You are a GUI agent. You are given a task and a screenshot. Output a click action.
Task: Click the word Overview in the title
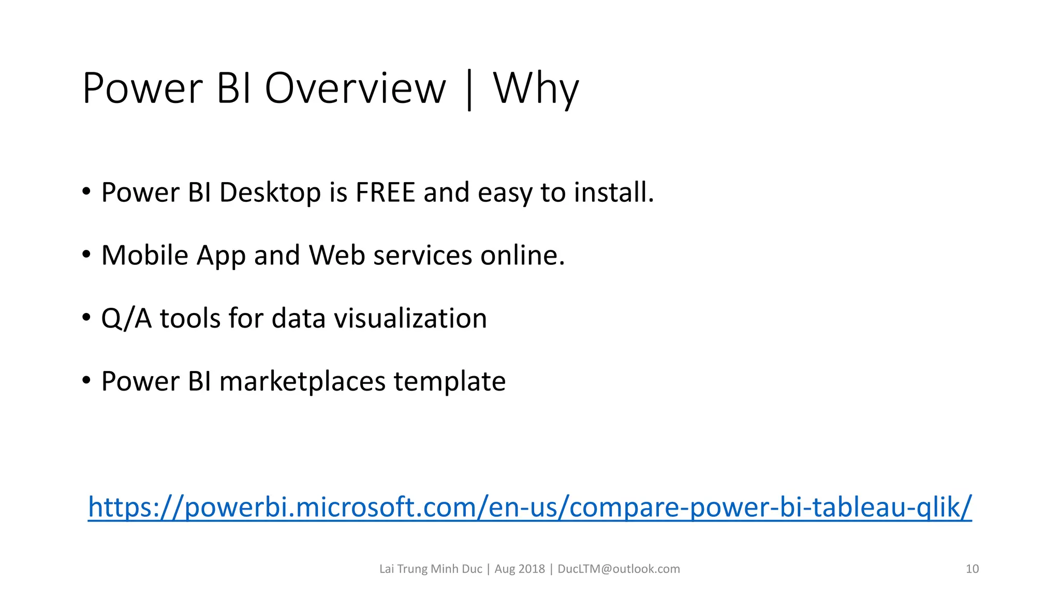(355, 88)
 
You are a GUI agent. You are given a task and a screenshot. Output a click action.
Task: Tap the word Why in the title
(536, 88)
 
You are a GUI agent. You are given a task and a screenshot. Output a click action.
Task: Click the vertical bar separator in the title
(469, 90)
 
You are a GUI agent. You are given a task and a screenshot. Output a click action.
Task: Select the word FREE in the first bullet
(385, 192)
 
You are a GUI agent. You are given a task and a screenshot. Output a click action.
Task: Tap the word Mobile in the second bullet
(145, 255)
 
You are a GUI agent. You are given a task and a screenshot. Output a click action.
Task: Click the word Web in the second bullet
(337, 255)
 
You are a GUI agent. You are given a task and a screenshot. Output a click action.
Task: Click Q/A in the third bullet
(126, 318)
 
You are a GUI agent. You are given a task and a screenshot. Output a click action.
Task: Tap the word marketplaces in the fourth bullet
(302, 381)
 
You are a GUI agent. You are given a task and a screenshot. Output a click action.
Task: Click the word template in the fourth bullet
(449, 381)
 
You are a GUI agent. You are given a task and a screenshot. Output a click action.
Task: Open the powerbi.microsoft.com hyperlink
(529, 507)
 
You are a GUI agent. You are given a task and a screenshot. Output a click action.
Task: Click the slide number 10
(972, 569)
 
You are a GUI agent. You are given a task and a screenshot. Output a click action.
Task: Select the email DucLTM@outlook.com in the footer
(619, 569)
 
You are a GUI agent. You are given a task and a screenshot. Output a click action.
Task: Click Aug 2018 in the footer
(520, 569)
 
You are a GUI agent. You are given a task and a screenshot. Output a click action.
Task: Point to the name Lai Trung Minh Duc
(431, 569)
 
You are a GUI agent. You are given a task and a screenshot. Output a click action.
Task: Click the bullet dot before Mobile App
(86, 255)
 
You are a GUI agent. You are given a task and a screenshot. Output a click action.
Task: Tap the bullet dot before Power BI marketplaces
(86, 381)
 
